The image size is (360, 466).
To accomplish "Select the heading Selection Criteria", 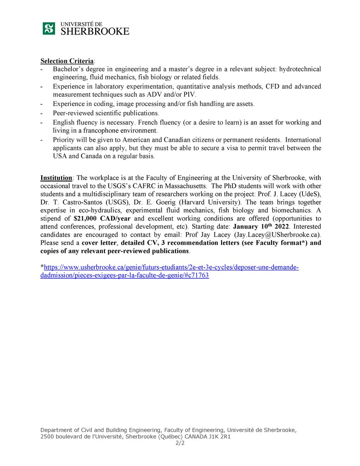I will pos(67,61).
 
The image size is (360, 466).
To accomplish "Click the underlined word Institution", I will pos(56,178).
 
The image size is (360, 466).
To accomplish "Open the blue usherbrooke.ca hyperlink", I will pos(171,268).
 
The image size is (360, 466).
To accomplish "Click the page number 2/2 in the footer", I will pos(180,443).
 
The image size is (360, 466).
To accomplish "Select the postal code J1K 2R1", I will pos(220,437).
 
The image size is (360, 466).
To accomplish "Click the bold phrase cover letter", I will pos(99,243).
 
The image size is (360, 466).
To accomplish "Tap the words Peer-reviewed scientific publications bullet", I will pos(106,113).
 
